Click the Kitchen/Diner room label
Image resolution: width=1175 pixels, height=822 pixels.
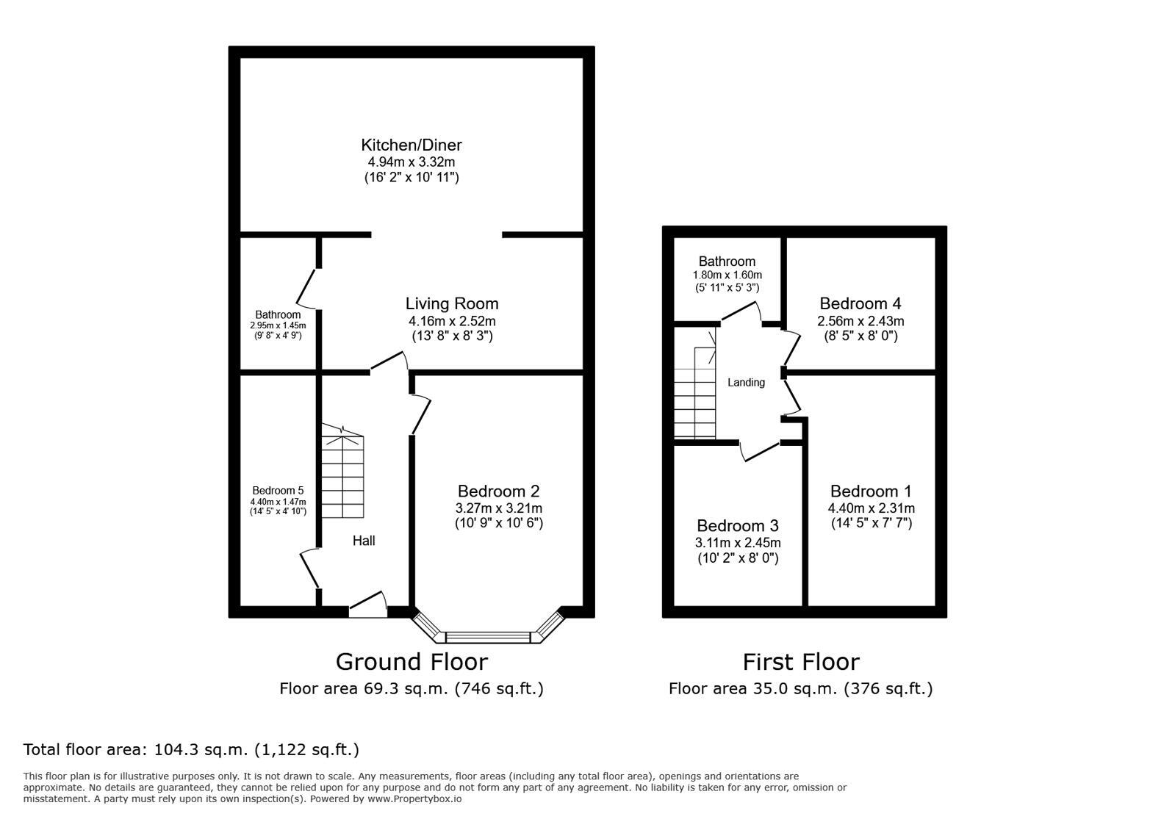[x=411, y=145]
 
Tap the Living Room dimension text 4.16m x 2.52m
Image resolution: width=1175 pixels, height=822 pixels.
[x=452, y=321]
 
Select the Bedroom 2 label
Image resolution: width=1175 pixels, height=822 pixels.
[x=498, y=491]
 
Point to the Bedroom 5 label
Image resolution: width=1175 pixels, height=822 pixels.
[x=278, y=491]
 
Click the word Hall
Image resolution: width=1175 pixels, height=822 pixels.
[x=364, y=541]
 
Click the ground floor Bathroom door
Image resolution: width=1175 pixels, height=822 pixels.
[x=307, y=288]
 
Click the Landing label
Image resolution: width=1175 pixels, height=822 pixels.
[x=746, y=382]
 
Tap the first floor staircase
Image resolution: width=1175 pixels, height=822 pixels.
[x=695, y=393]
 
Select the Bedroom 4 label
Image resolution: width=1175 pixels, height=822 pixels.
[x=860, y=303]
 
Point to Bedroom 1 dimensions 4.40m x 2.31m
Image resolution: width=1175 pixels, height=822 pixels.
[x=871, y=508]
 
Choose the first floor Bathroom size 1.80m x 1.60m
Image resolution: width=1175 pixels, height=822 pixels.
[x=727, y=275]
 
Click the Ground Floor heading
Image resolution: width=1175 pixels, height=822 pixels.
[x=412, y=662]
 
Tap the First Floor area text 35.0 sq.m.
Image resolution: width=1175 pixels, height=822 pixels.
[x=800, y=689]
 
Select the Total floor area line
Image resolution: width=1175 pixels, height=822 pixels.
[x=191, y=750]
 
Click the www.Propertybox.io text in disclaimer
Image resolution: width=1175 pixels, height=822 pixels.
[x=414, y=799]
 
